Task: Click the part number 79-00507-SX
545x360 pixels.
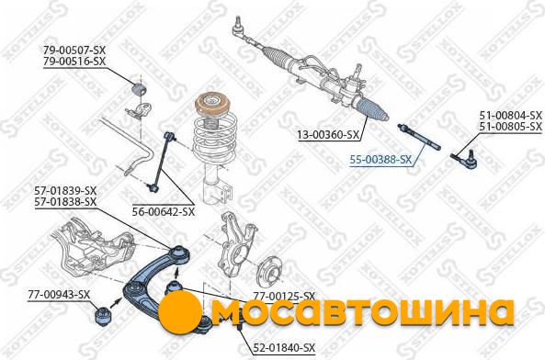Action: coord(74,50)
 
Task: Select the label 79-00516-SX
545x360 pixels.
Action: coord(74,62)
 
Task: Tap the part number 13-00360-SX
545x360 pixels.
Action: coord(328,134)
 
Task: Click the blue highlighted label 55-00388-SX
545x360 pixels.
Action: coord(380,160)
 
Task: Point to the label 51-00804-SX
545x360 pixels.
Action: coord(511,115)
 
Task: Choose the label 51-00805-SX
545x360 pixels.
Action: coord(511,127)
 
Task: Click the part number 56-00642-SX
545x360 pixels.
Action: coord(164,211)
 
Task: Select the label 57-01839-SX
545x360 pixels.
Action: coord(65,191)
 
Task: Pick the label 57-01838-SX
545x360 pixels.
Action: coord(65,202)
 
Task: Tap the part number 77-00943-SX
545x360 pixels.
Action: coord(59,295)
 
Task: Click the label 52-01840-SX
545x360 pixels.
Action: coord(284,347)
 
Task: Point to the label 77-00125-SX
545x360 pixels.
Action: coord(284,296)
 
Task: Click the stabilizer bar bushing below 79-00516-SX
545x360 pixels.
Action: coord(139,88)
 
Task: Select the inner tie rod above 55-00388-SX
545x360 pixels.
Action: coord(419,137)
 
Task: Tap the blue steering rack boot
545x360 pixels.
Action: coord(371,109)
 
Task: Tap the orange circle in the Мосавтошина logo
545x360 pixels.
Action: coord(180,310)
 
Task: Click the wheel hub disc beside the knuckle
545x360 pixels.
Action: coord(269,272)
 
